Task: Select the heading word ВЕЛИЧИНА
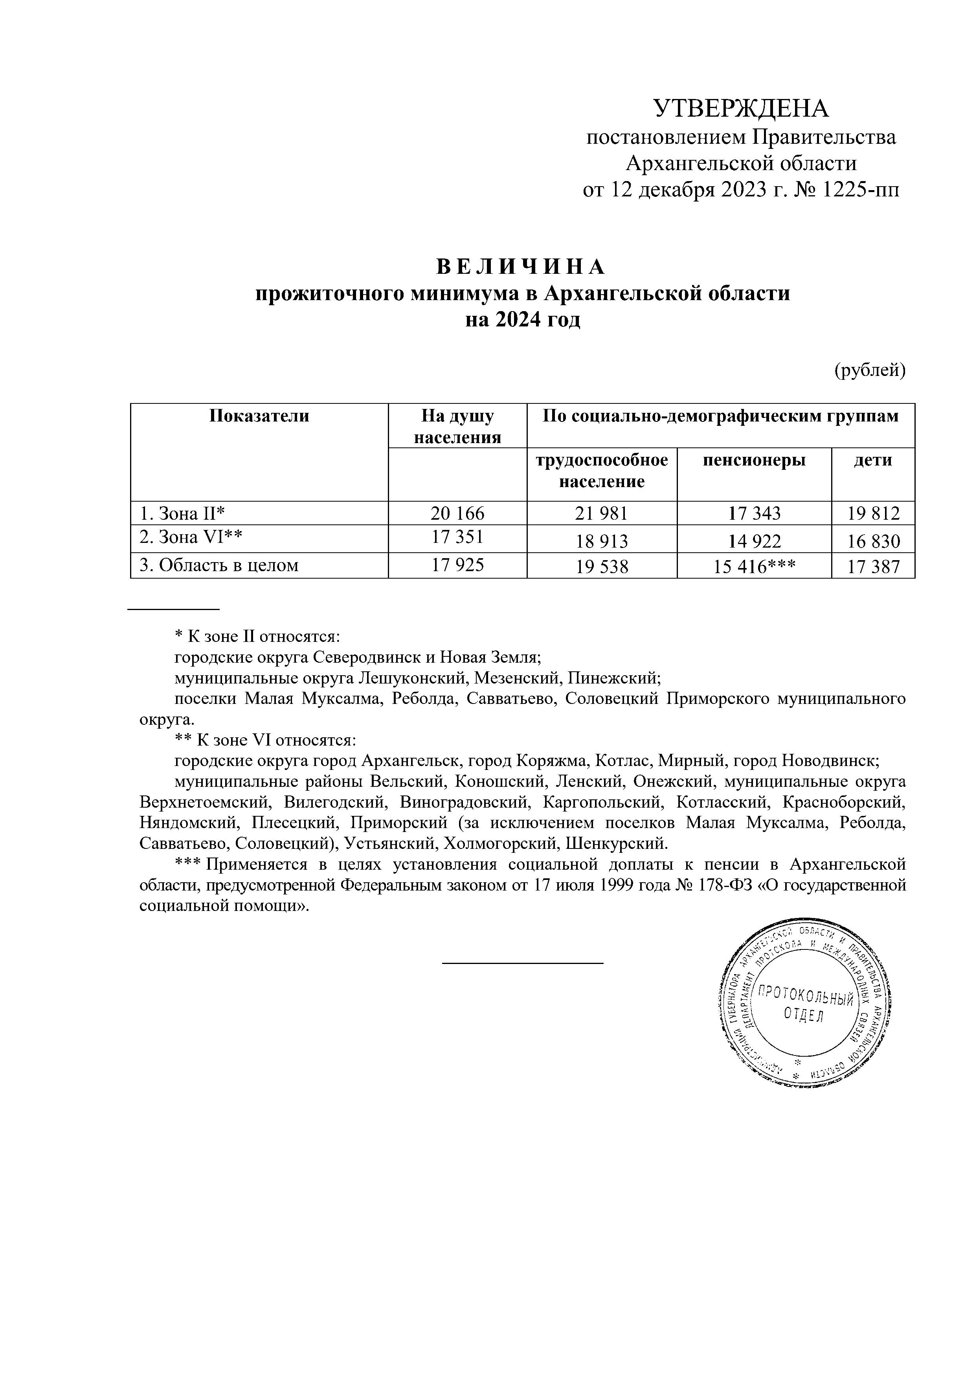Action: (520, 266)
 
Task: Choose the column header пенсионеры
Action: (754, 460)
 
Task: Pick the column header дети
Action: (872, 460)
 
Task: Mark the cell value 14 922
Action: (755, 541)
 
